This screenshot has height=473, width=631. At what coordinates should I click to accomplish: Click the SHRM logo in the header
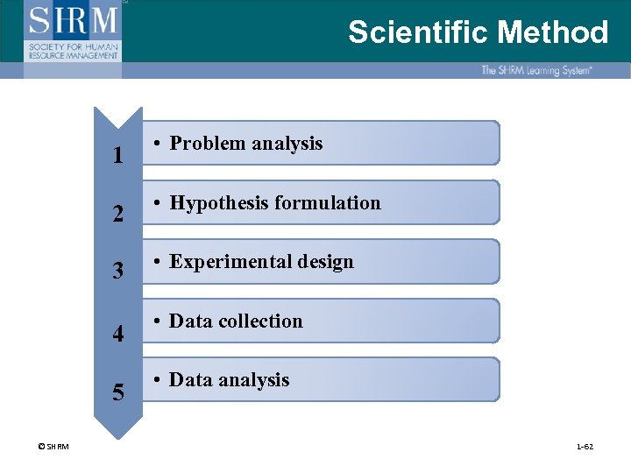click(74, 31)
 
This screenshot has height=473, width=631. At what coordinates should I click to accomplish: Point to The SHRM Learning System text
click(535, 70)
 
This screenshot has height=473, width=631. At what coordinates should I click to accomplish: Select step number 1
click(117, 157)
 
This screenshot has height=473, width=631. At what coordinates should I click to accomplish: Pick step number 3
click(117, 272)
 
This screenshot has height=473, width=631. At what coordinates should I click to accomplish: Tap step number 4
click(117, 334)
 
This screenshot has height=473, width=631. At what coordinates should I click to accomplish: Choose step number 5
click(117, 392)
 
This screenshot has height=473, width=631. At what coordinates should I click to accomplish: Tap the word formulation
click(328, 203)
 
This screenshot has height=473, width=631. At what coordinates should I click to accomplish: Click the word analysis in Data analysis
click(254, 380)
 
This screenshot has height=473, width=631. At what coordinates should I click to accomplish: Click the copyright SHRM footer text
click(54, 447)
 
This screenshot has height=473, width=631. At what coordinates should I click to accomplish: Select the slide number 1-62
click(585, 447)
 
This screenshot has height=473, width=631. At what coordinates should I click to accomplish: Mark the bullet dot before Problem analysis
click(153, 144)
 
